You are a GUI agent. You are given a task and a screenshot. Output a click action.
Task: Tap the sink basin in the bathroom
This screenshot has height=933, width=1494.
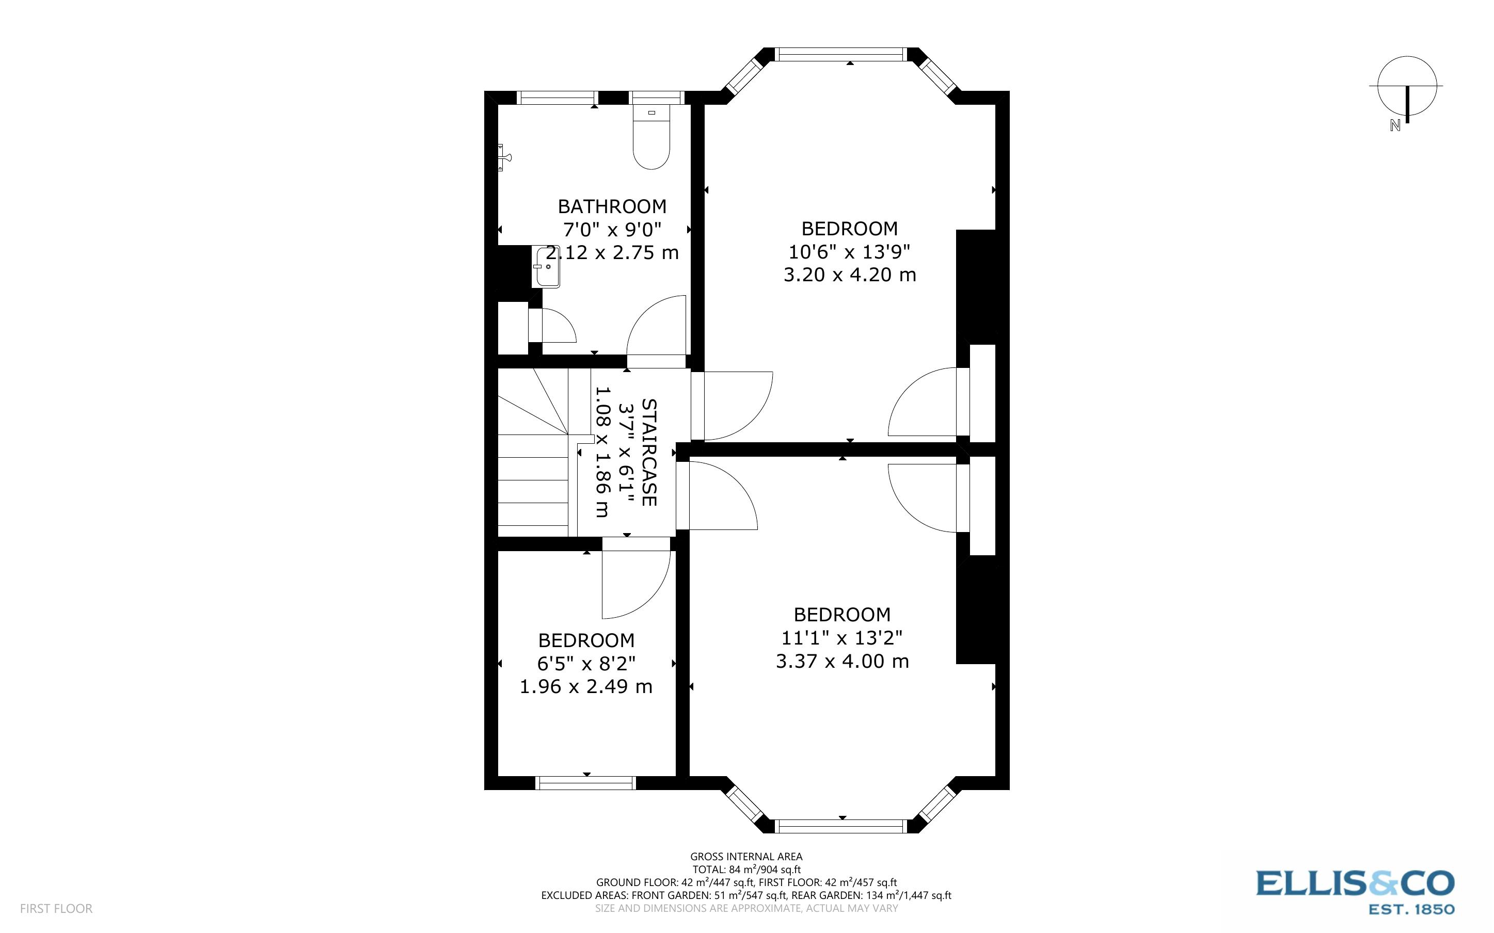547,267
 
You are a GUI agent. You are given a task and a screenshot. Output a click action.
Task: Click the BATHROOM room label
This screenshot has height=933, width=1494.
612,206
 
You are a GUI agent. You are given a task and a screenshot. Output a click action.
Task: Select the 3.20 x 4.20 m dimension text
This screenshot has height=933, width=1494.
849,275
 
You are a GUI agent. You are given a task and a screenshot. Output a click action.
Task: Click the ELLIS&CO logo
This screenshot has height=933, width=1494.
1355,883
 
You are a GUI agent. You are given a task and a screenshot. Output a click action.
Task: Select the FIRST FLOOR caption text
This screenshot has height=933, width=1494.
56,908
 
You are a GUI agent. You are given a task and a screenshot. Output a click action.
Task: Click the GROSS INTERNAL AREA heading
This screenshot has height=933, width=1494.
746,857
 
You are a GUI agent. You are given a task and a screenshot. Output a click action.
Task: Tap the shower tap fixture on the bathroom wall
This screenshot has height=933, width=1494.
504,157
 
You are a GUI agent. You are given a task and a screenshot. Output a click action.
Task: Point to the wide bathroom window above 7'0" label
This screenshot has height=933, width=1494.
557,98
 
